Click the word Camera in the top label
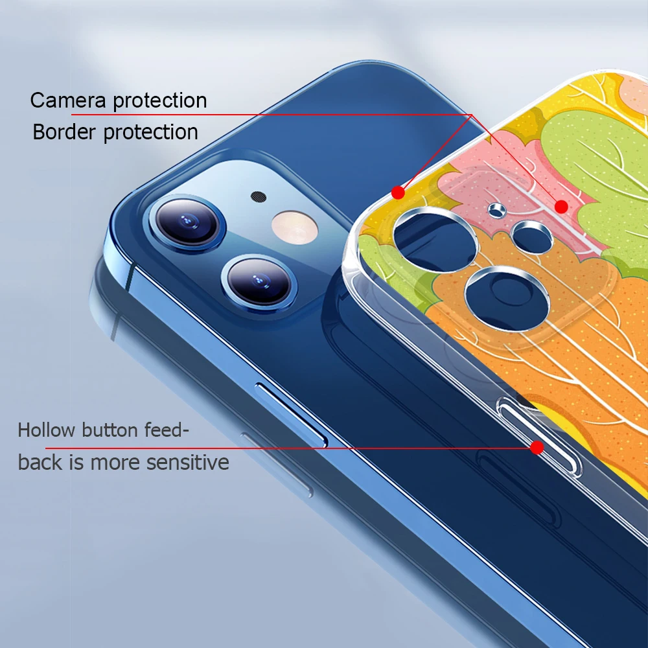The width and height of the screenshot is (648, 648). pos(69,100)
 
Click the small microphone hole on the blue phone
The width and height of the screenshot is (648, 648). pos(258,195)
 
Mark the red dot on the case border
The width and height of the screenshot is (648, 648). pos(398,192)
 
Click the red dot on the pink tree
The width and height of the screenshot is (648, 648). pos(561,207)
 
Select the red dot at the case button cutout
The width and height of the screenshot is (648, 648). pos(537,447)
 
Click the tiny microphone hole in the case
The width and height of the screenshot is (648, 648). pos(497,209)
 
